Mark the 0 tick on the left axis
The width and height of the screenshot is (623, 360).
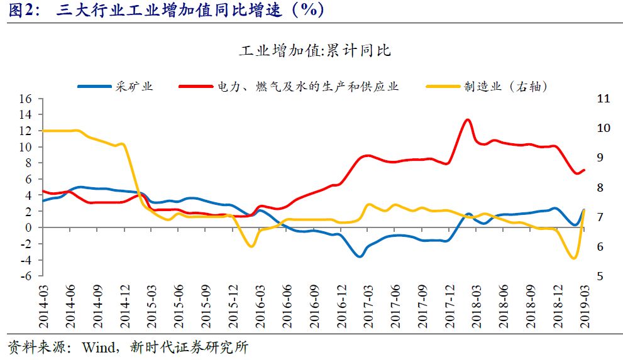[28, 227]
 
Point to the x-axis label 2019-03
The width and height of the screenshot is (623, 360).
[584, 304]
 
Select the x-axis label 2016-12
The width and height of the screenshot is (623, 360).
[341, 304]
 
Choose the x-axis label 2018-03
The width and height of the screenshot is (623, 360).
[476, 304]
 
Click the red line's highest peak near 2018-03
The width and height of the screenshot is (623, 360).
[467, 119]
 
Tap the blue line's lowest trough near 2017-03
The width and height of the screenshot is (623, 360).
[360, 256]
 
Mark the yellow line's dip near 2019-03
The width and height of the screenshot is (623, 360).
[573, 258]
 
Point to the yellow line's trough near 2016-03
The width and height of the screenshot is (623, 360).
[252, 246]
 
